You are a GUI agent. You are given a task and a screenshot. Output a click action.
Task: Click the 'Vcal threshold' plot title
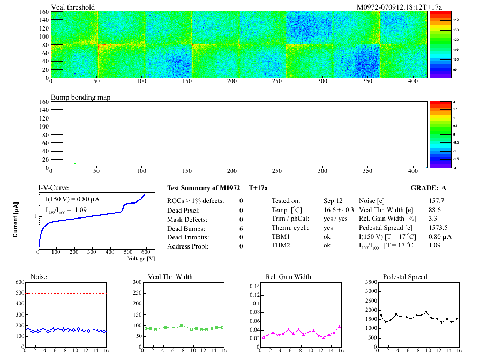(x=73, y=7)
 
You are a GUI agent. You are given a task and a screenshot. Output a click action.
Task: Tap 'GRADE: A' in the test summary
(x=429, y=189)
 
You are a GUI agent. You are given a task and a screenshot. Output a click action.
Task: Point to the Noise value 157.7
(x=437, y=201)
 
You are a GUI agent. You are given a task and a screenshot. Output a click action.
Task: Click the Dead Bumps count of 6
(x=241, y=228)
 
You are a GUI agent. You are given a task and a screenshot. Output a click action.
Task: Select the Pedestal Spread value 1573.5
(x=439, y=228)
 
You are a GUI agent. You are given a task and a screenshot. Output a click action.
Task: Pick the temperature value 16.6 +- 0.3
(x=339, y=210)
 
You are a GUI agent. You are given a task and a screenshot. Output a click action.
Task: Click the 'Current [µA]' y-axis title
(x=17, y=220)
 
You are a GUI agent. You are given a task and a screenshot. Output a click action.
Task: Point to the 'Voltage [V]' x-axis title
(x=141, y=258)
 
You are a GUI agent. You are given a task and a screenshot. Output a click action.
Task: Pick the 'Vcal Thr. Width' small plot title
(x=170, y=277)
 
